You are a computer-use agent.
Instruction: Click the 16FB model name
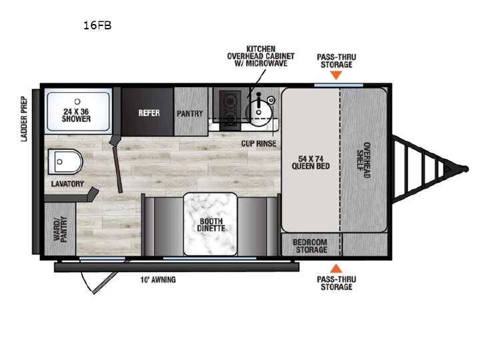point(97,25)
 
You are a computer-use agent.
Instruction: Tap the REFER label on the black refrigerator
point(149,113)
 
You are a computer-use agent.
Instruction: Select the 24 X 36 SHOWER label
point(77,115)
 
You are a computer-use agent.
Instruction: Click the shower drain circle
point(77,101)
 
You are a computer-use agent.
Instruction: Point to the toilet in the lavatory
point(65,161)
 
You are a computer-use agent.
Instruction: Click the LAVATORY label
point(67,184)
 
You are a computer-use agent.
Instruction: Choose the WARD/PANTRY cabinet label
point(60,229)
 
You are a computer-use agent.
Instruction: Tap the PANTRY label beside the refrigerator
point(190,113)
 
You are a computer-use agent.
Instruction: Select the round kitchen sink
point(259,112)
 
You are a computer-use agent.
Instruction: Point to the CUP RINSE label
point(259,143)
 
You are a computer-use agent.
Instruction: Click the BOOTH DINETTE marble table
point(210,224)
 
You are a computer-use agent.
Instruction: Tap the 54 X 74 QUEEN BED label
point(311,163)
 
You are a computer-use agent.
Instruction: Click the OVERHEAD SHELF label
point(364,160)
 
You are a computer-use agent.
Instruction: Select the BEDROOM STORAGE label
point(311,246)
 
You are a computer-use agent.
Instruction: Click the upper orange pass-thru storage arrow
point(336,75)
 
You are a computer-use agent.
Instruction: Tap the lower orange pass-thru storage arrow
point(336,269)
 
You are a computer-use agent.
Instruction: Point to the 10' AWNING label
point(158,279)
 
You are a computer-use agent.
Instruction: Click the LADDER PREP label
point(24,119)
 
